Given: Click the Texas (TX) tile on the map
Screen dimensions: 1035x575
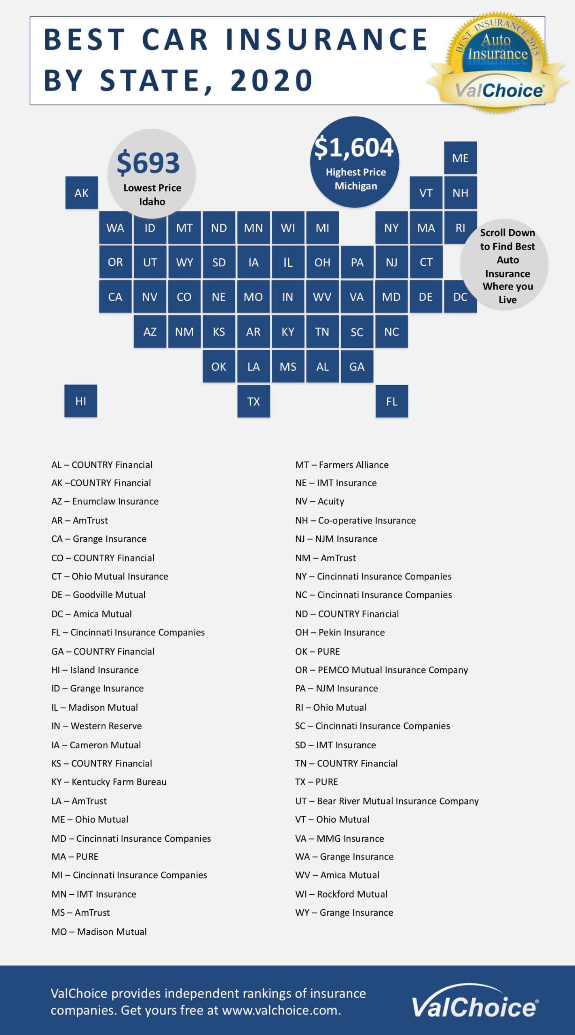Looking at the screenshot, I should click(254, 401).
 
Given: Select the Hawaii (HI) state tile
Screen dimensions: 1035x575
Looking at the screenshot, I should click(81, 401).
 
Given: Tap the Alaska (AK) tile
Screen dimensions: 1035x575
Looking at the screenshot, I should click(81, 193).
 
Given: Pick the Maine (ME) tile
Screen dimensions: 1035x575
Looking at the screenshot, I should click(460, 158).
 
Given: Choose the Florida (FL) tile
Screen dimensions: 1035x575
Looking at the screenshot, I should click(391, 401).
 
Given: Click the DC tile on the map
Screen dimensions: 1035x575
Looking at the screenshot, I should click(460, 297).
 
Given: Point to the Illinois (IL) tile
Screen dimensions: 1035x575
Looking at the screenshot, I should click(288, 262).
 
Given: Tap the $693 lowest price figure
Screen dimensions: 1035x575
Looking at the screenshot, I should click(148, 163).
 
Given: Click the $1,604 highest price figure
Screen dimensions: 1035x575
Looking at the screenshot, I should click(354, 147).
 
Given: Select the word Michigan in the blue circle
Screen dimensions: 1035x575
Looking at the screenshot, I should click(356, 186).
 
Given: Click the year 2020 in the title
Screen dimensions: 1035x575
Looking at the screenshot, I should click(272, 80).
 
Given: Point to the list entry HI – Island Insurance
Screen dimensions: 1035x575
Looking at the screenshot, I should click(95, 670).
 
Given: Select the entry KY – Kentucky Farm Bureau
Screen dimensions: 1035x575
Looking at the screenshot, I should click(109, 782).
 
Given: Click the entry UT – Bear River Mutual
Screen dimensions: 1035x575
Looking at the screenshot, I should click(387, 801).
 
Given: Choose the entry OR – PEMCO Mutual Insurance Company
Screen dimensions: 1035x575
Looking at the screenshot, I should click(381, 670).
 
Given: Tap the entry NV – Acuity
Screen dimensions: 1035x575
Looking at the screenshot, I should click(319, 501).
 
